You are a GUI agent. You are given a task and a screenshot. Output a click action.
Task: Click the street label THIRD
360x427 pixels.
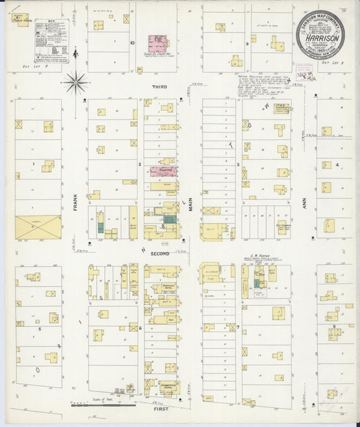point(160,88)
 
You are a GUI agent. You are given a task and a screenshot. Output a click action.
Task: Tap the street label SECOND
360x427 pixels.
point(160,253)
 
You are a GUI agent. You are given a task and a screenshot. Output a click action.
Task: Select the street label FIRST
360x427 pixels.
point(160,409)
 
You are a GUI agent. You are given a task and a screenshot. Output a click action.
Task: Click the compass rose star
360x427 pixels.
point(76,83)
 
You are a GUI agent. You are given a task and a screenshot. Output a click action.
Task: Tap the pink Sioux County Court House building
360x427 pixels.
point(159,42)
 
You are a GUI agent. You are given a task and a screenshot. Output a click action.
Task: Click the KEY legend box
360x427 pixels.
point(51,41)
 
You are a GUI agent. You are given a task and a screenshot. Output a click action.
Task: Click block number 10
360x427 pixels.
point(132,42)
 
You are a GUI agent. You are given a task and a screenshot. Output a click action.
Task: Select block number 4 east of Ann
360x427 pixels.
point(336,164)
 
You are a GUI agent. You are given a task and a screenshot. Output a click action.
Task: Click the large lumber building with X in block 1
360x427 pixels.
point(38,226)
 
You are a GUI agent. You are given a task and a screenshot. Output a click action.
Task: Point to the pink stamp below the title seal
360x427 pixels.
point(303,70)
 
